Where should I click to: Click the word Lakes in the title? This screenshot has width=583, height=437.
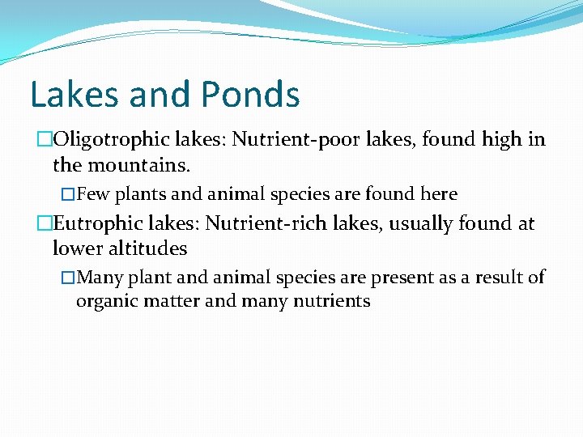click(x=66, y=95)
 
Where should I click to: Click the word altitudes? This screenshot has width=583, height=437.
click(x=147, y=248)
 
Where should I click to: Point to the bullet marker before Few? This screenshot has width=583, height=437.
click(x=69, y=195)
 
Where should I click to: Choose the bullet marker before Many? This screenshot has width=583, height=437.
click(x=69, y=278)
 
